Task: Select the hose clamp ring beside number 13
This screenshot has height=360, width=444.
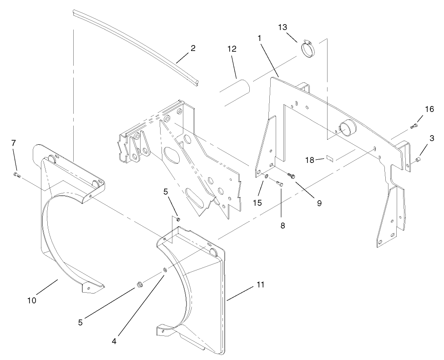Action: (x=309, y=48)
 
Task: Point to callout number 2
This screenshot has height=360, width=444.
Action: (x=193, y=48)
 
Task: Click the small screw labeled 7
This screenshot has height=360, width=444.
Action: (x=17, y=174)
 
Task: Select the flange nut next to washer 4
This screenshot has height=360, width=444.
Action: (x=139, y=286)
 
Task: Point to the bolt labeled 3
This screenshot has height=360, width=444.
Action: (x=418, y=159)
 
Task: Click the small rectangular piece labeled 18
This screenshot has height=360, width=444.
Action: (x=330, y=159)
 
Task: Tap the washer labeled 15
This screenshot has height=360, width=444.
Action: (x=267, y=176)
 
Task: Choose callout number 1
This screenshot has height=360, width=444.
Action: (x=259, y=38)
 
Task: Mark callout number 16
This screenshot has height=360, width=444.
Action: (x=429, y=109)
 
